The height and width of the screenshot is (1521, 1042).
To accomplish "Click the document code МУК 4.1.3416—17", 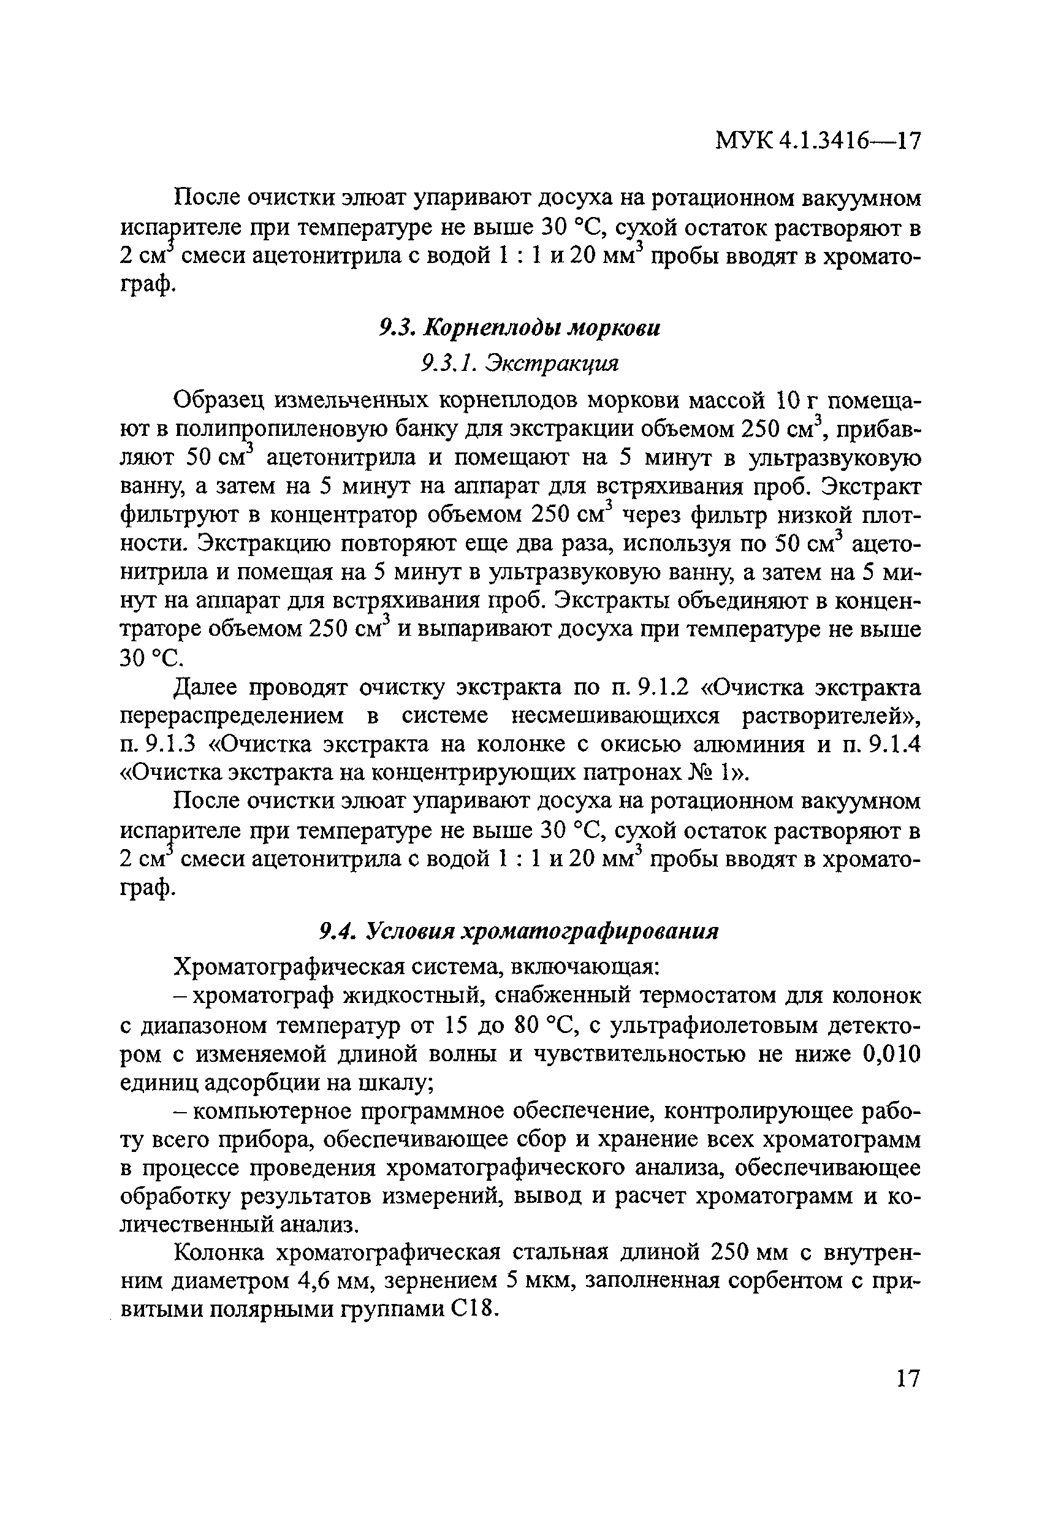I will click(x=818, y=141).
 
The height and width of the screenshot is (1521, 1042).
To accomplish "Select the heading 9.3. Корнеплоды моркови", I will click(x=520, y=327).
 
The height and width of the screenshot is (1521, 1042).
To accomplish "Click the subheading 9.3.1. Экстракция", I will click(x=520, y=362).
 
